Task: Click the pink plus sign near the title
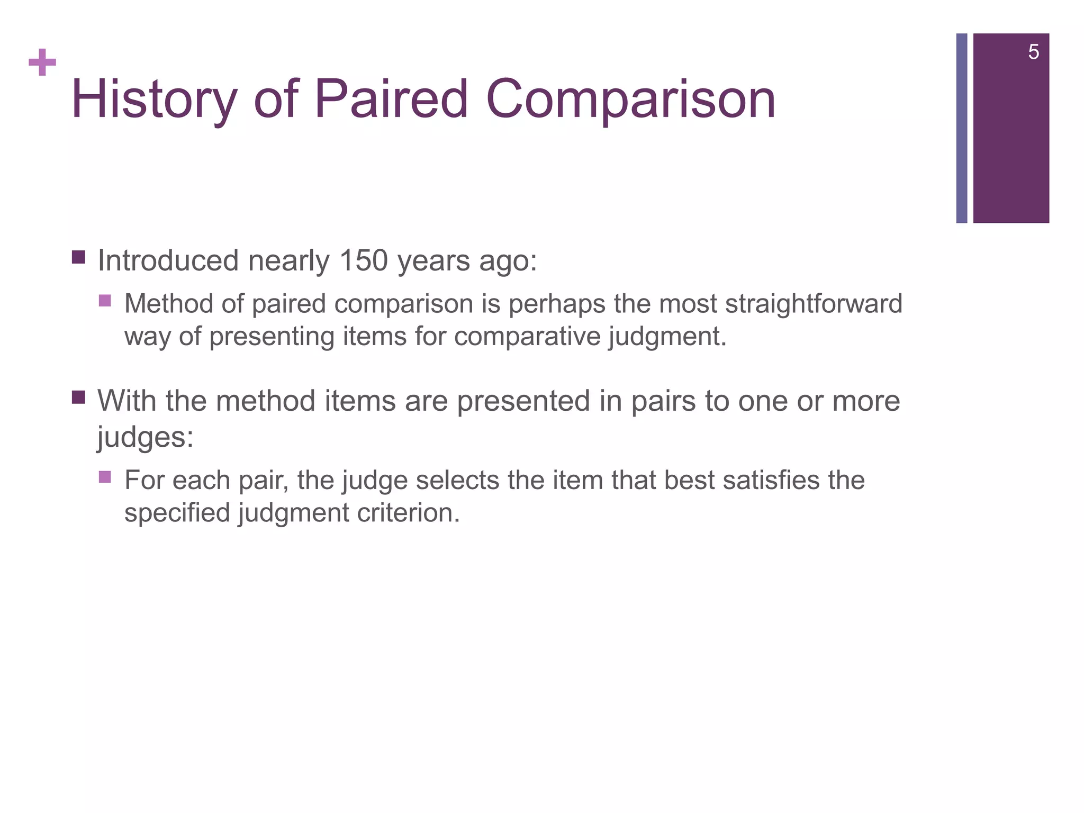click(42, 63)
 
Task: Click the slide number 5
click(1033, 52)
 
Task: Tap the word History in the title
click(153, 100)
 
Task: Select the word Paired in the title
click(391, 100)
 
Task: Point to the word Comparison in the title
click(630, 100)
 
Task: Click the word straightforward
click(813, 304)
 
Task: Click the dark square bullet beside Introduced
click(78, 258)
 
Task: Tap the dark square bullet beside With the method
click(78, 397)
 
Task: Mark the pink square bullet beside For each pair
click(105, 477)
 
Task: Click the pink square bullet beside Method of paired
click(105, 301)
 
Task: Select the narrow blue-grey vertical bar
click(961, 128)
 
